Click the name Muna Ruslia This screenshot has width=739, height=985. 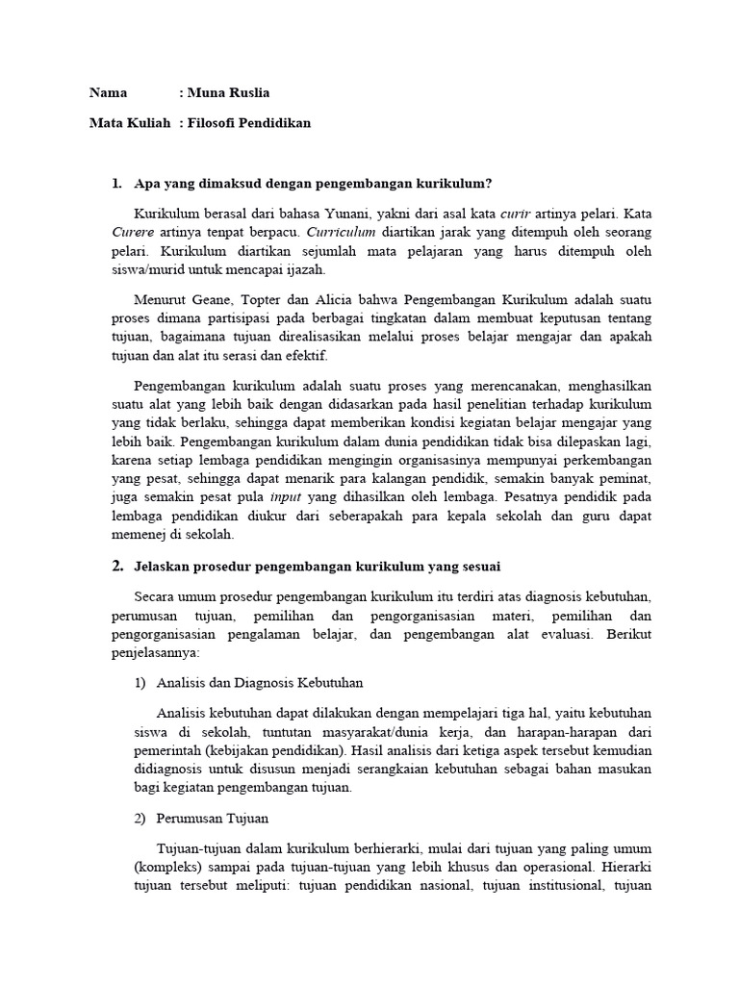click(x=229, y=93)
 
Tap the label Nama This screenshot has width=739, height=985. click(x=109, y=93)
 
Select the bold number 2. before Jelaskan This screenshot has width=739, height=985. click(x=117, y=567)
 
